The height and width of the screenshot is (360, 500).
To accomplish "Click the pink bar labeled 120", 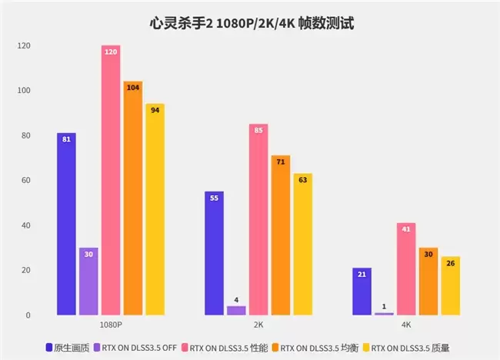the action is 111,180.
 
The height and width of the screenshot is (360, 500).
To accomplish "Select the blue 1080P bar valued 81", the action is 66,224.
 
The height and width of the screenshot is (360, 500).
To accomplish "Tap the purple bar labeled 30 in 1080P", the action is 88,282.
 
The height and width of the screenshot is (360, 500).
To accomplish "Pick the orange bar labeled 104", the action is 133,198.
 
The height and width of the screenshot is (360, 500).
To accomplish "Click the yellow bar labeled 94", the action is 155,209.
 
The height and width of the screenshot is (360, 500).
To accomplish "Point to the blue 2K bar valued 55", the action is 214,253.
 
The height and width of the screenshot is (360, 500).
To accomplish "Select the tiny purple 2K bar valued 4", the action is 236,311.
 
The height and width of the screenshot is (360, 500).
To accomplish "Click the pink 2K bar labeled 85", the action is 258,219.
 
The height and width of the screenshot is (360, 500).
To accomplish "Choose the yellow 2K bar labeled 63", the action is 303,245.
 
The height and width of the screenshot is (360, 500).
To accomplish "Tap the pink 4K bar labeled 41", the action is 406,268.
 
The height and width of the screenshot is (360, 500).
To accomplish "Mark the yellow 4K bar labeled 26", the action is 451,285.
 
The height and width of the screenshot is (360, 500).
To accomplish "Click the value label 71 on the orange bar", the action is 281,162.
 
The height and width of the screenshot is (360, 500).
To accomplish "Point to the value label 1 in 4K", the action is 384,306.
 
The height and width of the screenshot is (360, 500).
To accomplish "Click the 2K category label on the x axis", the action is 258,325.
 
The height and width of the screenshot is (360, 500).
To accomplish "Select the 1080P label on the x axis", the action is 111,325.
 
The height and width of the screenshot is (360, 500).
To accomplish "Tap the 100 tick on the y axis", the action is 24,91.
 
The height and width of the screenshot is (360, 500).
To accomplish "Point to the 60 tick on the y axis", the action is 26,181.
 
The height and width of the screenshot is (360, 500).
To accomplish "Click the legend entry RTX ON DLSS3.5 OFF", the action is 135,348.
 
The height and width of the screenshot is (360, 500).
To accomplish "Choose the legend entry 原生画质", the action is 68,348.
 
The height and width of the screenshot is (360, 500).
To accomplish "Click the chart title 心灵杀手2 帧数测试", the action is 252,23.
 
